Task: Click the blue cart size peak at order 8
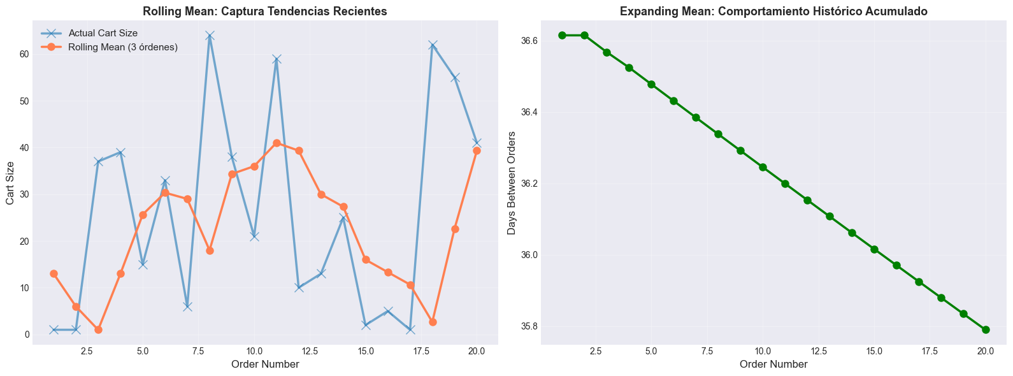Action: pyautogui.click(x=210, y=36)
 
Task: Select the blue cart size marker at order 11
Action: pyautogui.click(x=277, y=59)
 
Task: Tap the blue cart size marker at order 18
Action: pyautogui.click(x=433, y=45)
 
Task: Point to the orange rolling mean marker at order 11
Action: pyautogui.click(x=277, y=143)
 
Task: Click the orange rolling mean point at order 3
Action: pyautogui.click(x=98, y=329)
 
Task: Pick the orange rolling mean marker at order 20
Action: pyautogui.click(x=477, y=151)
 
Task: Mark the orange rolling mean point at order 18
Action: pyautogui.click(x=433, y=322)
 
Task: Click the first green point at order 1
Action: pyautogui.click(x=562, y=35)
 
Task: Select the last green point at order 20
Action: pyautogui.click(x=986, y=329)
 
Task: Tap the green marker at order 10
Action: pyautogui.click(x=763, y=167)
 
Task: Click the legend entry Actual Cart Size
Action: pyautogui.click(x=103, y=33)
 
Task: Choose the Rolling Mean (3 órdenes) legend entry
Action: pyautogui.click(x=123, y=47)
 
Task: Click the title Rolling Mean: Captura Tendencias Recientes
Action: pyautogui.click(x=265, y=11)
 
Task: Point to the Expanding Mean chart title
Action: pyautogui.click(x=773, y=11)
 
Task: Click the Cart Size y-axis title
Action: pyautogui.click(x=10, y=182)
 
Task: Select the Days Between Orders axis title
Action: pyautogui.click(x=511, y=182)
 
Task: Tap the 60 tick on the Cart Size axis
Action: pyautogui.click(x=23, y=54)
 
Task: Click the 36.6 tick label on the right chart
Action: pyautogui.click(x=529, y=41)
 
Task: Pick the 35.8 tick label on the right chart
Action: pyautogui.click(x=529, y=327)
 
